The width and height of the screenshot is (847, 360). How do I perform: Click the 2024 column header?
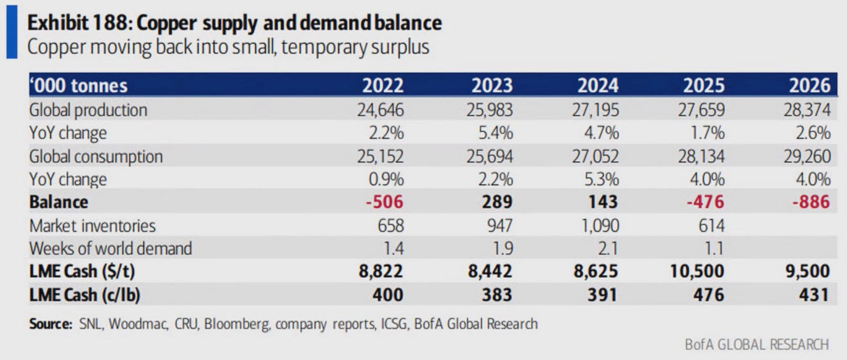coord(598,85)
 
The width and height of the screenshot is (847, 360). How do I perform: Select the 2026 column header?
coord(809,85)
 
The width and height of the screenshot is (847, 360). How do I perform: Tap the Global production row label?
coord(88,110)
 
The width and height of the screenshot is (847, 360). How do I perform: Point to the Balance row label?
coord(59,202)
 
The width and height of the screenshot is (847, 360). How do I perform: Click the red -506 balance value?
coord(384,202)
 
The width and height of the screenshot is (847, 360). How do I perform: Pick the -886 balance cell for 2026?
coord(811,202)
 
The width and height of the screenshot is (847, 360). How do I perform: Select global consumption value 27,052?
coord(595,156)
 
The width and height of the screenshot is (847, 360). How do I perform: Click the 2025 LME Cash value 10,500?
coord(697,271)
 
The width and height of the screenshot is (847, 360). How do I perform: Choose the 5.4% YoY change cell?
coord(495,133)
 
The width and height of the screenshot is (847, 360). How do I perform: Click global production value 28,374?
coord(808,110)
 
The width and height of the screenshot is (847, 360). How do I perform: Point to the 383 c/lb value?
coord(497,295)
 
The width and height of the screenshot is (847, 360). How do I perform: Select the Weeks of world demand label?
coord(110,248)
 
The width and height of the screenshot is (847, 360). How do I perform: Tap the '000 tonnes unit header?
coord(78,86)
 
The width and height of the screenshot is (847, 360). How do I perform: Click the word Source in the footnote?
coord(50,324)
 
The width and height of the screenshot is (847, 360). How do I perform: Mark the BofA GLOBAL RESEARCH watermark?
coord(756,344)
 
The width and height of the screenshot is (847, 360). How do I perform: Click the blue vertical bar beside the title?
coord(11,32)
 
